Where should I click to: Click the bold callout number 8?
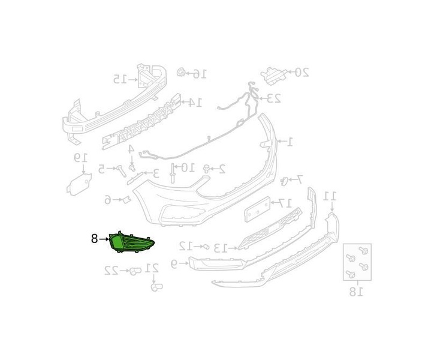(94, 238)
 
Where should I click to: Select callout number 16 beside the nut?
(200, 74)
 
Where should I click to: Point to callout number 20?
(302, 73)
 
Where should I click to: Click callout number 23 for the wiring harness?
(273, 97)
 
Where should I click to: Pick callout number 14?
(195, 103)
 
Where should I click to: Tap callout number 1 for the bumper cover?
(290, 142)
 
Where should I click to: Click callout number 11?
(330, 196)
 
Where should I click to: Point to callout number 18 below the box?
(356, 292)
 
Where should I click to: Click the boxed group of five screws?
(357, 262)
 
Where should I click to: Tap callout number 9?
(174, 263)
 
